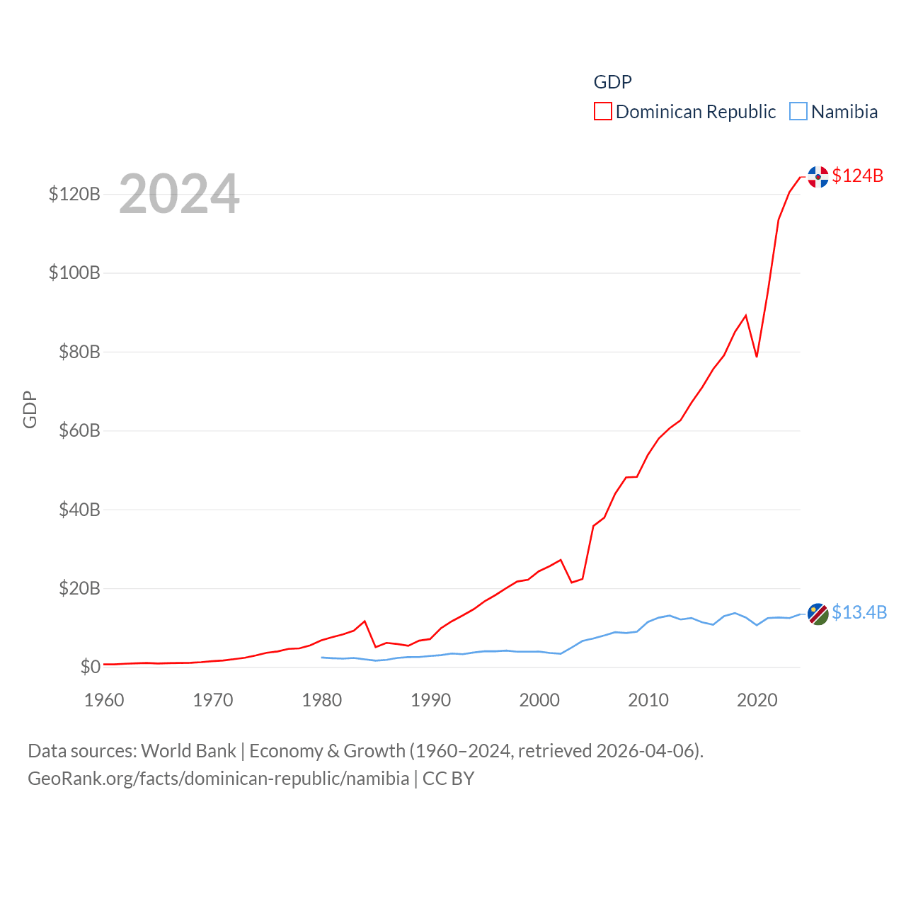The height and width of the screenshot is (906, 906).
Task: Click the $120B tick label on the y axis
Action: pos(74,194)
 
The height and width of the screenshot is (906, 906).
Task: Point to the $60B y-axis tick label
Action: pos(79,430)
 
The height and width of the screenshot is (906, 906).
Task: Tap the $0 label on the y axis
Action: pos(90,667)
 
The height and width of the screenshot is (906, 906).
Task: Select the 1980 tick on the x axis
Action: pos(321,700)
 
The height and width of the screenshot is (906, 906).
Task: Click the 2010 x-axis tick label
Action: pos(648,700)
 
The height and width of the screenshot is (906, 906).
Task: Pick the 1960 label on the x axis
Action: pos(104,700)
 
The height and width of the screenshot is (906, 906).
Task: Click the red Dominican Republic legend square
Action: pos(603,112)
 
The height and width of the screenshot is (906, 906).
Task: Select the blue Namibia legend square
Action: pos(798,112)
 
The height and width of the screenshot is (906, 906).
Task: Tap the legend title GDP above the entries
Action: pos(612,82)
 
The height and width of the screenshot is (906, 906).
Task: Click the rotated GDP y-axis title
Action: pos(30,409)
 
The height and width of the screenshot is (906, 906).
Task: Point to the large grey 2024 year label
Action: pos(179,194)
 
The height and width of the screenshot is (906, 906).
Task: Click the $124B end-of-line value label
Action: pos(857,176)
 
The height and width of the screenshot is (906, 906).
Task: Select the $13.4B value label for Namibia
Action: pos(859,612)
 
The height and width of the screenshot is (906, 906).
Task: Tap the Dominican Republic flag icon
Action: pos(818,177)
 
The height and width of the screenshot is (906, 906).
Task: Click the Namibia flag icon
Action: pos(818,614)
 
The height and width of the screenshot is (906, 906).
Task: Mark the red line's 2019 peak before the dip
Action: pos(746,315)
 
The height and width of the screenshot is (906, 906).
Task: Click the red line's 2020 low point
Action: pos(757,356)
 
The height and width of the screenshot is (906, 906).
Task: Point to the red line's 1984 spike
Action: pos(365,621)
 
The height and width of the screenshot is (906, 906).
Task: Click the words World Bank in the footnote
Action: pos(188,750)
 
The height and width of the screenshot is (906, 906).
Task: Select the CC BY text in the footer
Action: pos(448,779)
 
